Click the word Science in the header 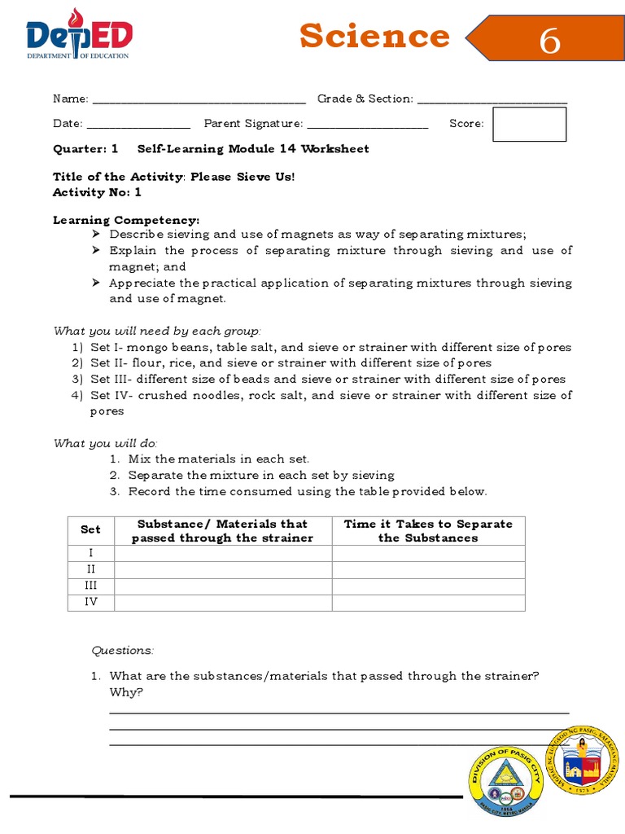click(374, 37)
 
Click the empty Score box click(529, 124)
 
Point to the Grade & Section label click(365, 99)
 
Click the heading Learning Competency click(126, 220)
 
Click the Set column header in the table click(91, 529)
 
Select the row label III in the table click(91, 586)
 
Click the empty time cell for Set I click(428, 553)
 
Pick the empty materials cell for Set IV click(223, 603)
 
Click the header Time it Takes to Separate click(428, 524)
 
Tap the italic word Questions click(122, 650)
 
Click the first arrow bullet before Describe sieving click(97, 235)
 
